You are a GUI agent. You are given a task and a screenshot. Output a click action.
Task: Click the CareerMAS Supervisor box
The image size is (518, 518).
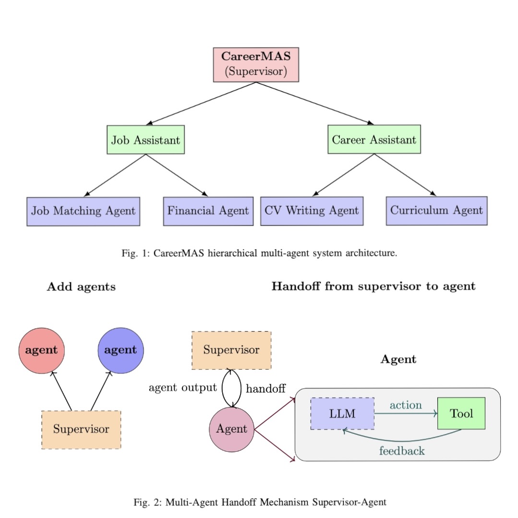coord(256,64)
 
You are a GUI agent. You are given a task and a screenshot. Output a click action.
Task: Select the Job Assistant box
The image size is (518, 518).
coord(145,140)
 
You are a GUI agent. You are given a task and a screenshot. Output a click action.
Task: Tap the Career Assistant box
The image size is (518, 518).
coord(374,140)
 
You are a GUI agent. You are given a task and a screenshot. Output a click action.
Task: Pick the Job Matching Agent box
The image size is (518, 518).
coord(83,211)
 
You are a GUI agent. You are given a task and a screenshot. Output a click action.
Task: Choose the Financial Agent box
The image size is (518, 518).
coord(208,211)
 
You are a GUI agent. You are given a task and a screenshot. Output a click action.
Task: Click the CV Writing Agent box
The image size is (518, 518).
coord(312,210)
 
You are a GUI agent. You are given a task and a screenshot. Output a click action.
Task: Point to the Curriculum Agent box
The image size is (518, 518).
coord(436,210)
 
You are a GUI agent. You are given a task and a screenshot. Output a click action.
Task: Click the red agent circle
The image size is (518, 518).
coord(41,350)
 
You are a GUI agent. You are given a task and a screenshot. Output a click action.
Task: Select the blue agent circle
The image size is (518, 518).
coord(120,350)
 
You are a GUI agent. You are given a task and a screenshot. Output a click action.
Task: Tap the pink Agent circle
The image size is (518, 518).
coord(231,429)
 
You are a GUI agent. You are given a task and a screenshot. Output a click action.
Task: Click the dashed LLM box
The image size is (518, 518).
coord(342,413)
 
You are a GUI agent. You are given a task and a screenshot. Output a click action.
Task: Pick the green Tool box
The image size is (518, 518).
coord(461,413)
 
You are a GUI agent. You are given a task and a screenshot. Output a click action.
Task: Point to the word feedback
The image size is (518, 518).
coord(402,451)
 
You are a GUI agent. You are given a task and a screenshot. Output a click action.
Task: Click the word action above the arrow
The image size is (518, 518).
coord(406,405)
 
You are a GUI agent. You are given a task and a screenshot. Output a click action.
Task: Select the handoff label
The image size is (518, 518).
coord(265,389)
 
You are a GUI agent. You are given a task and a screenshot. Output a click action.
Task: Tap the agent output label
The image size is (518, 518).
coord(182,388)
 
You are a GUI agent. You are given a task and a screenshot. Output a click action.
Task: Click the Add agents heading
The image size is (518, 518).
coord(81,287)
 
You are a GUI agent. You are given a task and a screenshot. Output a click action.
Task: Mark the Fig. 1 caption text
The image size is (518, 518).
coord(259,253)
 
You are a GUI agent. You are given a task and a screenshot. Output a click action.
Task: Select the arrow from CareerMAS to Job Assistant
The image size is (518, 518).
coord(202,103)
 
